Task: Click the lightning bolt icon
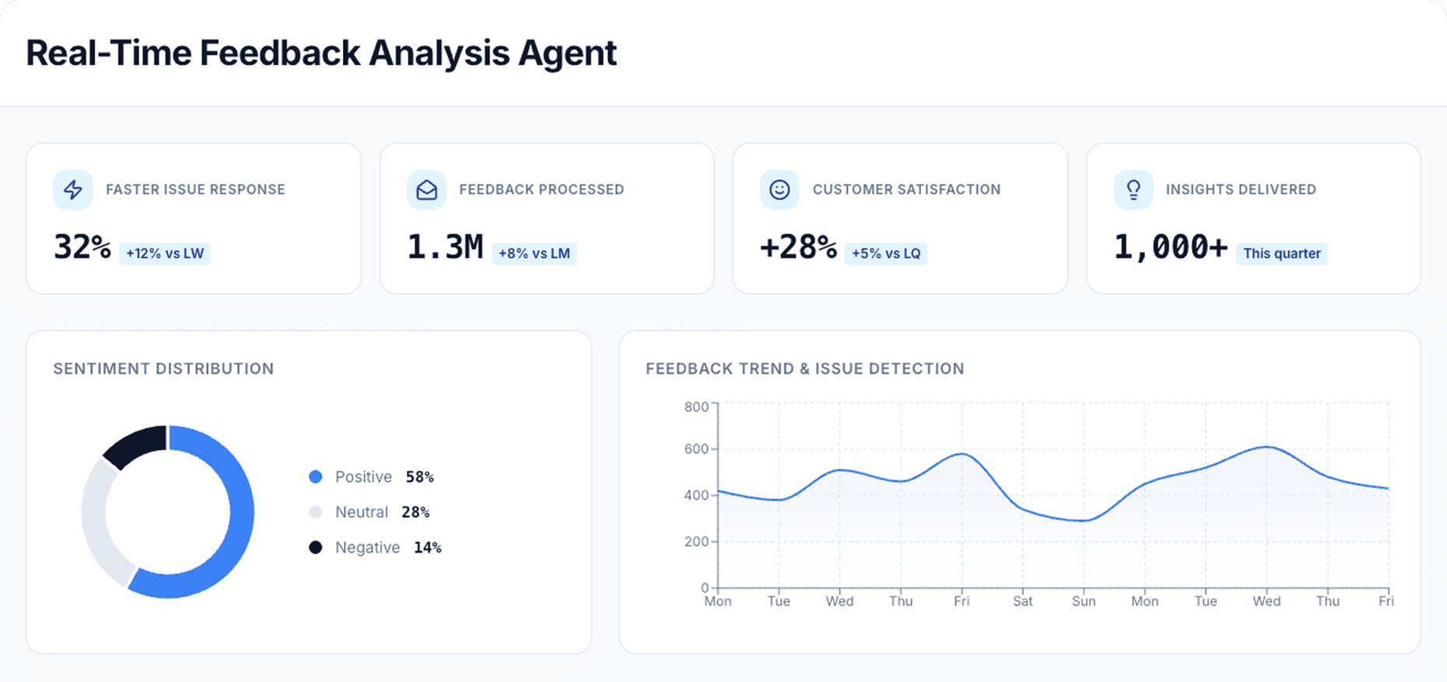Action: tap(73, 190)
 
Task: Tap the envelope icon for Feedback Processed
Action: tap(426, 190)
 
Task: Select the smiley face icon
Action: tap(780, 190)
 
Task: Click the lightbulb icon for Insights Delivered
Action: tap(1133, 190)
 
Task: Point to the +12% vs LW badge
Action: tap(165, 254)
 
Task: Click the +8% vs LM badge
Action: tap(534, 254)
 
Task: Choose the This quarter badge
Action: tap(1281, 254)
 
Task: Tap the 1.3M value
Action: tap(445, 248)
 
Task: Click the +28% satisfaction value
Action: tap(798, 248)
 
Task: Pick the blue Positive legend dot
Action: tap(315, 476)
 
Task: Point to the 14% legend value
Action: tap(427, 548)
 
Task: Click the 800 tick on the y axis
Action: tap(696, 406)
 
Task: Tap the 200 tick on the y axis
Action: tap(696, 542)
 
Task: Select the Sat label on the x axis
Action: tap(1022, 601)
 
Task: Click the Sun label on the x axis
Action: tap(1083, 601)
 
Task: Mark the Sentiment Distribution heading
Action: tap(163, 369)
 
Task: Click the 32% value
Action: tap(82, 248)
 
